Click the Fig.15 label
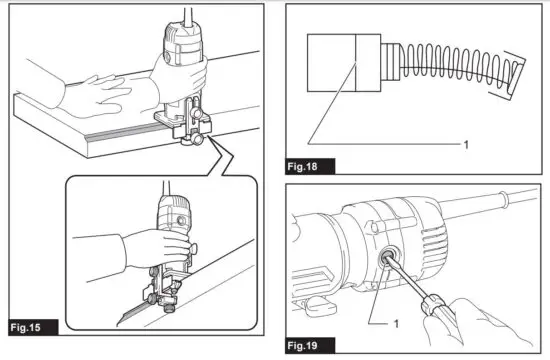27,325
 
